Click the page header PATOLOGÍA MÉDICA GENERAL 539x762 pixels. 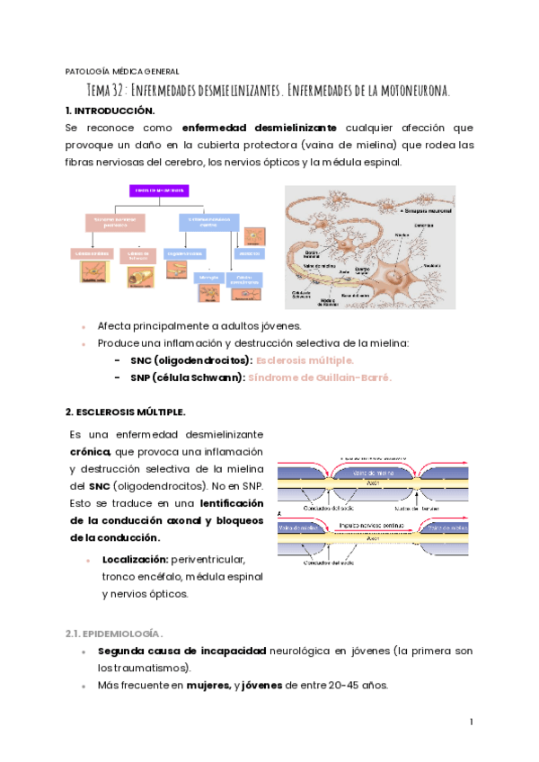coord(123,71)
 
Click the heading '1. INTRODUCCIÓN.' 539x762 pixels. coord(110,111)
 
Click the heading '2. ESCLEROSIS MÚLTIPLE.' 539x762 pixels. coord(125,412)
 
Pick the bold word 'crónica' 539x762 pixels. coord(90,451)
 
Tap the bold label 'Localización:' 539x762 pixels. coord(136,560)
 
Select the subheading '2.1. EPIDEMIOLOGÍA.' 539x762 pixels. coord(114,633)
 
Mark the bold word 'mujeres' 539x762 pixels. coord(208,685)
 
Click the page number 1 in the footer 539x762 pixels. coord(471,722)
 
